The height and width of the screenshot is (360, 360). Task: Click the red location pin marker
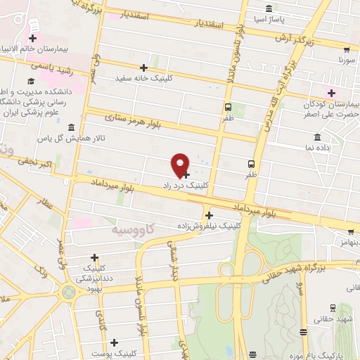click(x=181, y=164)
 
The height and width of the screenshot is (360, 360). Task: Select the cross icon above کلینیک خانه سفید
click(x=143, y=67)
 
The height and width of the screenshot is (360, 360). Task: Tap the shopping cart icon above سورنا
click(x=347, y=50)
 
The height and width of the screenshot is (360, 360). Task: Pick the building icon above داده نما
click(x=318, y=136)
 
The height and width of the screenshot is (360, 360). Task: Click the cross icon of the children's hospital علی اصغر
click(x=331, y=93)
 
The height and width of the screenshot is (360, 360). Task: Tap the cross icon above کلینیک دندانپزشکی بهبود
click(x=94, y=257)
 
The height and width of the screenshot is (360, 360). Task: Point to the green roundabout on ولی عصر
click(x=68, y=291)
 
